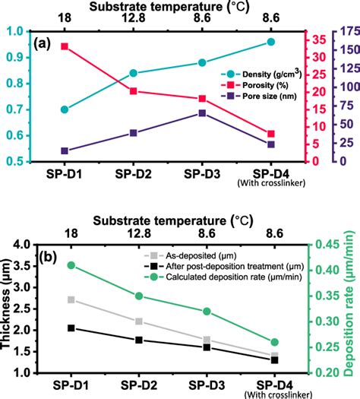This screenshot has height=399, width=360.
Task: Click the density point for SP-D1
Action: tap(65, 109)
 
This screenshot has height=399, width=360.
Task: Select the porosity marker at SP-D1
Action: tap(65, 46)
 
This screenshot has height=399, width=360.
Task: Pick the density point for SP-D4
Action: tap(271, 43)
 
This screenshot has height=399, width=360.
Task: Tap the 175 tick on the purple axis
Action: tap(343, 31)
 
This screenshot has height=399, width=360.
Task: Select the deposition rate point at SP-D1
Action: tap(71, 265)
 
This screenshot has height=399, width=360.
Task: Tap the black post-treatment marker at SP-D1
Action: tap(71, 328)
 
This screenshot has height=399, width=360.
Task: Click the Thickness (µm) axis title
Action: tap(9, 306)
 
